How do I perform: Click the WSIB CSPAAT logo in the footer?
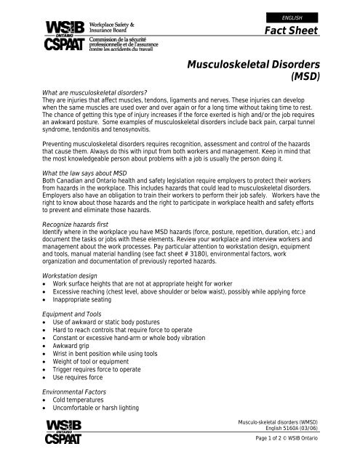71,434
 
